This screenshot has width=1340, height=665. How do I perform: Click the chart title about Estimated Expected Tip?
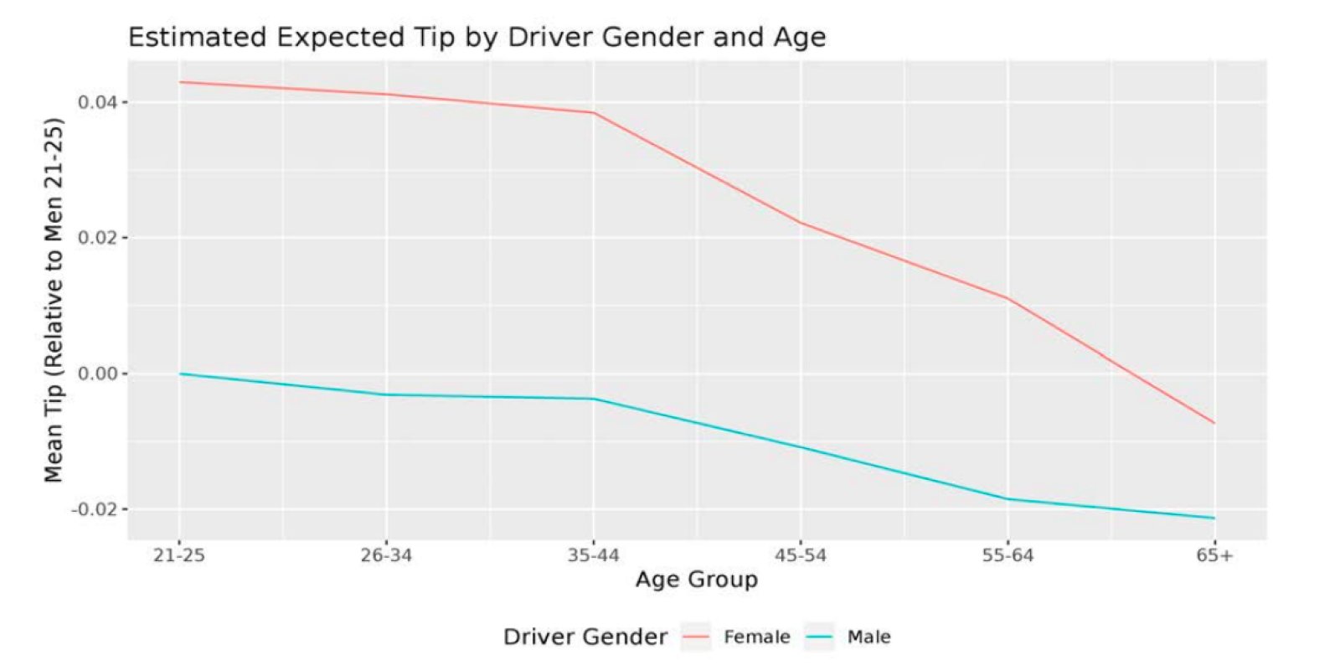(477, 38)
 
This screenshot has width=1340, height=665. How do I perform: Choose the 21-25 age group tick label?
(179, 556)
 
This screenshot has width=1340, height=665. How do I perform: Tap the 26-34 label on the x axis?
(386, 556)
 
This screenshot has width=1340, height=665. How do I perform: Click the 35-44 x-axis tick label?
(593, 556)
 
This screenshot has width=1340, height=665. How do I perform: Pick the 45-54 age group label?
(801, 556)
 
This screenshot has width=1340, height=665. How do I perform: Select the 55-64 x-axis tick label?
(1008, 556)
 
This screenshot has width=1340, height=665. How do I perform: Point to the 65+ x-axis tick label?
(1214, 556)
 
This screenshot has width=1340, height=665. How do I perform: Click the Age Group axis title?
(696, 580)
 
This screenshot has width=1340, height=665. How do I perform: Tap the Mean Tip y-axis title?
(54, 300)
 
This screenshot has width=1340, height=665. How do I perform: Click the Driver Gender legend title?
(585, 637)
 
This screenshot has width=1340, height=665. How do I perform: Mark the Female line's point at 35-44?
(593, 112)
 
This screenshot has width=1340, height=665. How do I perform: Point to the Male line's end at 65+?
(1214, 518)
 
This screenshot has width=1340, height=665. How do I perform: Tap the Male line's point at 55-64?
(1008, 499)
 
